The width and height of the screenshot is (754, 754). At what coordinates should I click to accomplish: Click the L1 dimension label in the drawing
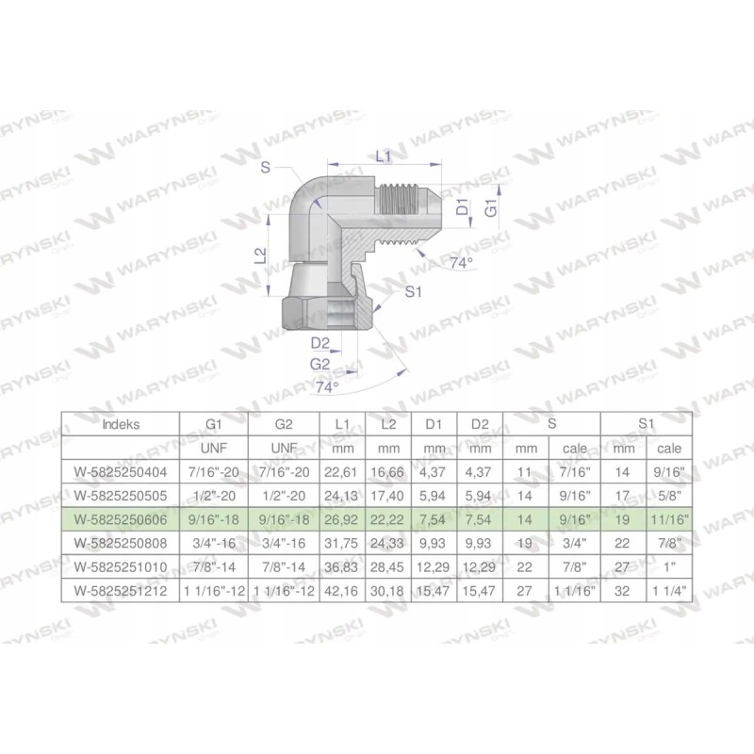384,157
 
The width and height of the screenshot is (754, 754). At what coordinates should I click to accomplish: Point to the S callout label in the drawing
267,168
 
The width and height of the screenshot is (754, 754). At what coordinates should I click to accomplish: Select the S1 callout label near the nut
411,292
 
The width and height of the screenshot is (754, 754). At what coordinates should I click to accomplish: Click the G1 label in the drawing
490,208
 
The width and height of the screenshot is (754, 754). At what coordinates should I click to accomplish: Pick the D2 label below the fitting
320,342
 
